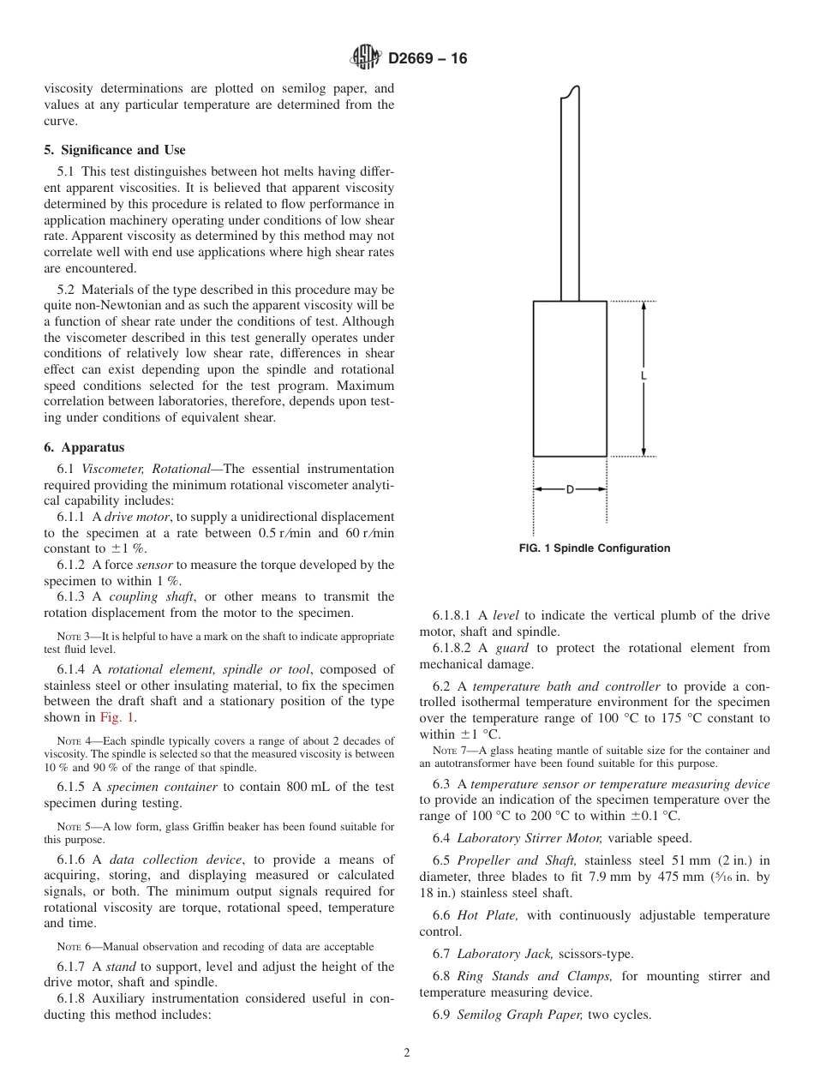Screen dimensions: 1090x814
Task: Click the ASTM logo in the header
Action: point(366,58)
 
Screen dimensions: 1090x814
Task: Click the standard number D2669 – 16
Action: point(427,59)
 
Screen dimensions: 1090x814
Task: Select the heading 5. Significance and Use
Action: point(114,150)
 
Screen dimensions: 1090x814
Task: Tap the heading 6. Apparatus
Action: point(84,447)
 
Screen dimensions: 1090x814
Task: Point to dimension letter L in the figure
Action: point(643,376)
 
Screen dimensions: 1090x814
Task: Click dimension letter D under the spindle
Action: point(570,489)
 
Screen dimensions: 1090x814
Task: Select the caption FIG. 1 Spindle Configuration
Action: point(595,548)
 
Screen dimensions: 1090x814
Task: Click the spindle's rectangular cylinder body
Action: point(570,378)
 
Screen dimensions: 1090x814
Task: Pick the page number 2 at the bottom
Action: point(407,1053)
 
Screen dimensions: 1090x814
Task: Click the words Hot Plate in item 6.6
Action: point(487,915)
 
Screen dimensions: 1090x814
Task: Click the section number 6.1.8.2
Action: point(453,648)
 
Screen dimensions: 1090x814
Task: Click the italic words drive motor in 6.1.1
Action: point(137,517)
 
